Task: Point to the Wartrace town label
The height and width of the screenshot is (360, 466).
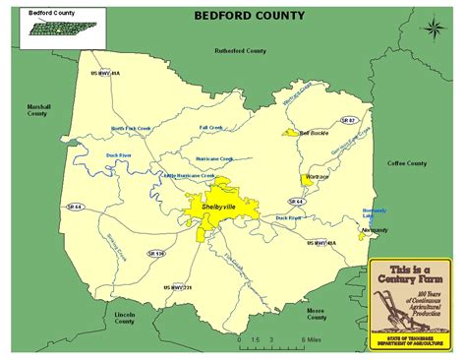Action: [317, 177]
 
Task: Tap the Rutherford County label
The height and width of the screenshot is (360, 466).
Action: [241, 49]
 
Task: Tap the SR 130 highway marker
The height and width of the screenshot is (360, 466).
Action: [156, 253]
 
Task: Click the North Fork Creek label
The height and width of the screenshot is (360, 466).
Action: [131, 128]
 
